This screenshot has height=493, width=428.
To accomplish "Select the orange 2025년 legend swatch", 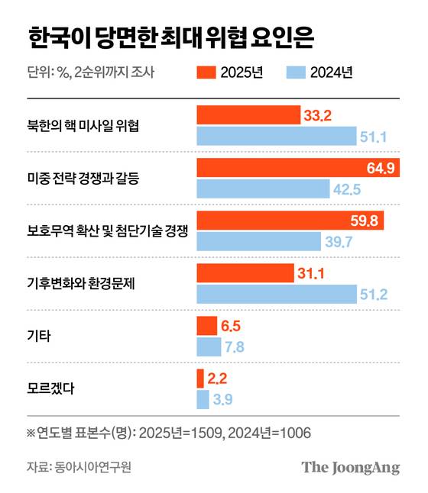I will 206,73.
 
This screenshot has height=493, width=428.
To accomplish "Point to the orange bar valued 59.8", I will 290,221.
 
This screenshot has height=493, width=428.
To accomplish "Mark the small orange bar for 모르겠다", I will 200,378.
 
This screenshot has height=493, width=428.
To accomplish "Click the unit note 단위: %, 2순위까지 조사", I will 90,73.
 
